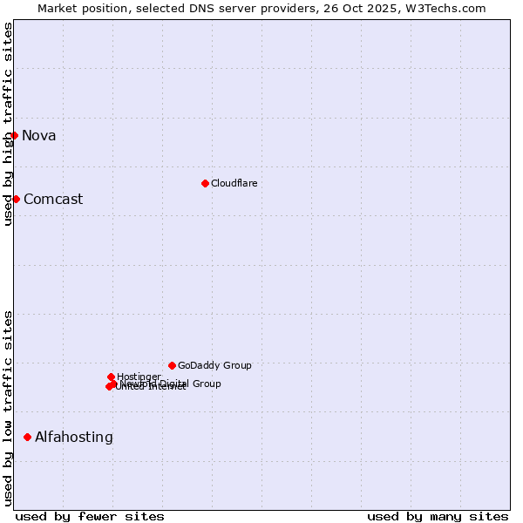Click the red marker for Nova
point(15,135)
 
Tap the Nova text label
point(39,135)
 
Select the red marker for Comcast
point(16,199)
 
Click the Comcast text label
point(53,199)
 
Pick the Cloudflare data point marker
point(205,183)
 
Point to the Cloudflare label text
point(234,183)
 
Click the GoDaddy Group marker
point(172,365)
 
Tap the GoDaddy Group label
point(214,365)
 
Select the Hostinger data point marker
point(111,377)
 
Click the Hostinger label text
point(139,377)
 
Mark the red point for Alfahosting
point(28,437)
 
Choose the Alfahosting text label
point(74,438)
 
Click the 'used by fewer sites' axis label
point(90,516)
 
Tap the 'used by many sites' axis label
point(438,516)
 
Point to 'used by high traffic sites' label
point(8,124)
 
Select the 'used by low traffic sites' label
point(8,408)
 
